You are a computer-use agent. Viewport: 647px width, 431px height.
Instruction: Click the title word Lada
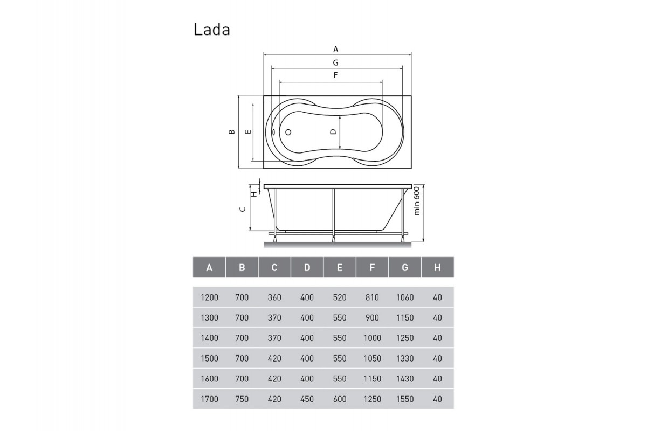click(212, 30)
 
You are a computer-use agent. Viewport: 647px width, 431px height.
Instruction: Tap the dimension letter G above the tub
click(335, 62)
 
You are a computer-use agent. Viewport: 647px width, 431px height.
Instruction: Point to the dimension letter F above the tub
click(335, 76)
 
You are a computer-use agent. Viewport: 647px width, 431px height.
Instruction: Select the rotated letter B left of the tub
click(231, 132)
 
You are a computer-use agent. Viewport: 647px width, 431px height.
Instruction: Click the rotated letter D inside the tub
click(333, 132)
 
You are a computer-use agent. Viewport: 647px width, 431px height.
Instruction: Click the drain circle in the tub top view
click(287, 132)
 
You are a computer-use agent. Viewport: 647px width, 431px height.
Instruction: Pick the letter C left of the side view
click(243, 209)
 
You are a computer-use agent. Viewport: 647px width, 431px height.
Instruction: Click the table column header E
click(339, 267)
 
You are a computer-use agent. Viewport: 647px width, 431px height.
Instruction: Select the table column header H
click(437, 267)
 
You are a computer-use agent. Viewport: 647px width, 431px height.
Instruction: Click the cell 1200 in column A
click(209, 297)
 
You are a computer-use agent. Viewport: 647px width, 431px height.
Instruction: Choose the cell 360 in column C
click(274, 297)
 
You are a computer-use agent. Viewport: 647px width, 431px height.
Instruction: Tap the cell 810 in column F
click(372, 297)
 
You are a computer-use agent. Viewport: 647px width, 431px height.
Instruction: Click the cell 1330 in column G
click(404, 358)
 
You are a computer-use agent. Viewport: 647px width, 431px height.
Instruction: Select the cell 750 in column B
click(242, 399)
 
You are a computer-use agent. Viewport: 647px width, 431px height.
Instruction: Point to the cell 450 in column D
click(307, 399)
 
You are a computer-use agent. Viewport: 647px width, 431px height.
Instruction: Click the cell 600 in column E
click(339, 399)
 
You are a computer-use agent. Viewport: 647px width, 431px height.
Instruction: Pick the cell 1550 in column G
click(404, 399)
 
